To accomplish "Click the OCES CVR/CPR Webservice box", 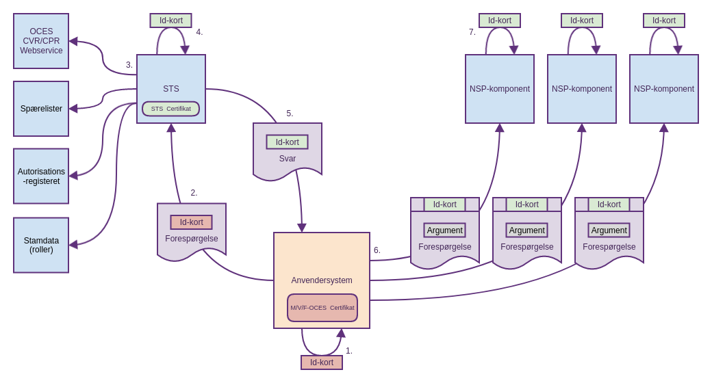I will [41, 41].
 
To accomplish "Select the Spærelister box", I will [41, 109].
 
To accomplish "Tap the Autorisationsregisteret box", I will [41, 176].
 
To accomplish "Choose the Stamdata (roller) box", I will [41, 245].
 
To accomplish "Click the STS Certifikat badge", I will [171, 109].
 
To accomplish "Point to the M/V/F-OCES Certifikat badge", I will [322, 308].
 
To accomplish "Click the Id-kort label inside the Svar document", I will [288, 142].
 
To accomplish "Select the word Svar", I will [288, 159].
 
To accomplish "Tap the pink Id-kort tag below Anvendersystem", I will [322, 362].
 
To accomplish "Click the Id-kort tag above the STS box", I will [171, 21].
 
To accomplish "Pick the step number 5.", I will [290, 114].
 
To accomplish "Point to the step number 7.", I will [472, 32].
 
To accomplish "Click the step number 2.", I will [194, 193].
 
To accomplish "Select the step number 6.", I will [377, 250].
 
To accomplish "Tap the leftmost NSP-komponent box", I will [500, 89].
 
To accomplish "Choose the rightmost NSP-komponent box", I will [664, 89].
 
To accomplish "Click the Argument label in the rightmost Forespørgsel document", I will [609, 230].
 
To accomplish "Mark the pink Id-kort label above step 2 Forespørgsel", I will [192, 222].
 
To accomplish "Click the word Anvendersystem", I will [322, 280].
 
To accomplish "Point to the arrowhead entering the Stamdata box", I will [73, 244].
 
